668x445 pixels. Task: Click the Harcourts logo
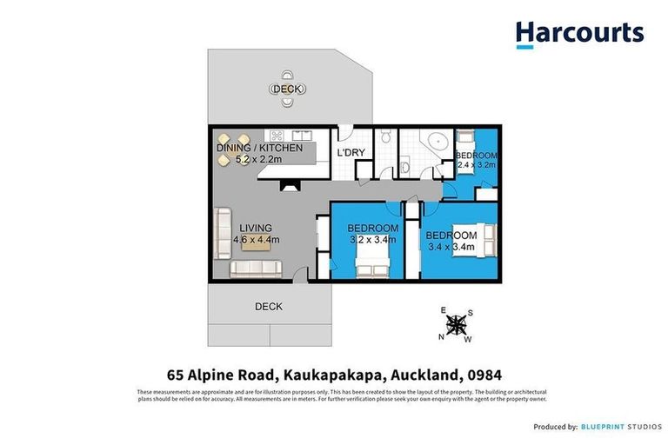point(579,33)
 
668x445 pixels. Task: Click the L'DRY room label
point(350,153)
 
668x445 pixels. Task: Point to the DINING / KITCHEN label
point(259,148)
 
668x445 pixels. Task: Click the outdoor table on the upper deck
point(286,89)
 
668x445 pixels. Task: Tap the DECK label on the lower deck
point(268,307)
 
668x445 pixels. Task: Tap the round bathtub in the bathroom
point(431,144)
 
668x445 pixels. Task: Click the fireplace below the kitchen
point(286,184)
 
